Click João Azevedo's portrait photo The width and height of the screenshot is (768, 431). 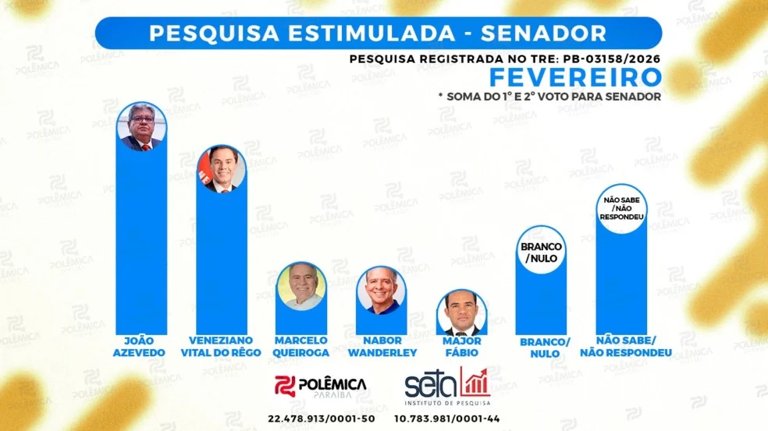142,126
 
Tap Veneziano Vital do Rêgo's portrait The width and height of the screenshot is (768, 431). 222,168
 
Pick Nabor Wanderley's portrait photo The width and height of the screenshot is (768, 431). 382,290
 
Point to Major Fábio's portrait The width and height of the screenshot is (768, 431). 461,313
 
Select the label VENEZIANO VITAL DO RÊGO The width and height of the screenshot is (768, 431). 222,347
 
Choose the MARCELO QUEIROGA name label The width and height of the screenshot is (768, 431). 302,347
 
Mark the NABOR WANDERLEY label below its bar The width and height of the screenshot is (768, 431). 382,347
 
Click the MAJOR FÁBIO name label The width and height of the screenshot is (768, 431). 461,347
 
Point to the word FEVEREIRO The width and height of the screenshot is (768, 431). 575,78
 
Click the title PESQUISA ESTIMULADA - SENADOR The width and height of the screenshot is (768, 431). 378,34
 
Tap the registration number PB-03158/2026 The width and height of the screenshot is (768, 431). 609,58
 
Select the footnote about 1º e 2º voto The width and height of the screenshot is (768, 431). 550,96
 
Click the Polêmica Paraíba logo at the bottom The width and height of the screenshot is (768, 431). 321,387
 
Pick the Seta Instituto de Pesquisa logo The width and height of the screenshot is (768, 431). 447,387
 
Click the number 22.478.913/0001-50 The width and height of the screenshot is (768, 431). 321,419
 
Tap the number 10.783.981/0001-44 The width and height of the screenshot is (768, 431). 446,419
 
